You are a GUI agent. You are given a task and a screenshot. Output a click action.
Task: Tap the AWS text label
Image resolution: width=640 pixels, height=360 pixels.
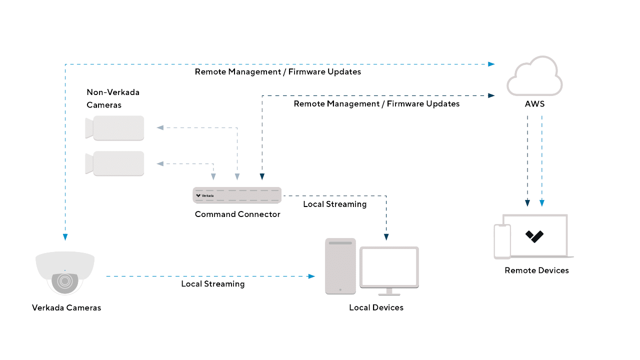click(x=534, y=104)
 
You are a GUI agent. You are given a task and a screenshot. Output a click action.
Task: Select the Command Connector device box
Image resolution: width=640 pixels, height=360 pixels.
click(x=237, y=195)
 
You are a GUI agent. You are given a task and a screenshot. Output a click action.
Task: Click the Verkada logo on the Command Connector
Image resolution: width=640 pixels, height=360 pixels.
click(x=204, y=195)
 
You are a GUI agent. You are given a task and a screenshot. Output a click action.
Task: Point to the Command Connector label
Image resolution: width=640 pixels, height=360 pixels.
click(x=237, y=214)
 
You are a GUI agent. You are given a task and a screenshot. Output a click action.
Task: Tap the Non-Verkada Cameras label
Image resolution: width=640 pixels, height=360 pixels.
click(x=113, y=98)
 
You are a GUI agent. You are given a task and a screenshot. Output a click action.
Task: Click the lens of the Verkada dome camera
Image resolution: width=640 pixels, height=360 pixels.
click(x=64, y=281)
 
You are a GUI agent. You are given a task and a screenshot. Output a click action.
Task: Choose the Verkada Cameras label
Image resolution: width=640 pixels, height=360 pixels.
click(x=66, y=307)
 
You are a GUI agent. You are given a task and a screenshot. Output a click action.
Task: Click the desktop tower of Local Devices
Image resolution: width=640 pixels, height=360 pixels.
click(x=340, y=265)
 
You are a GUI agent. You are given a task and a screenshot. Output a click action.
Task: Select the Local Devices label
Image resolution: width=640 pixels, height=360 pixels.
click(x=376, y=307)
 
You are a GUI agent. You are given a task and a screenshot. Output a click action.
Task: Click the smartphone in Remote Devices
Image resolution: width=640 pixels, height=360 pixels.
click(x=502, y=241)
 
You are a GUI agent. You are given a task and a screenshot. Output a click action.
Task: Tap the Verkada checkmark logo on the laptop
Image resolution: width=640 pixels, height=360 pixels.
click(x=534, y=236)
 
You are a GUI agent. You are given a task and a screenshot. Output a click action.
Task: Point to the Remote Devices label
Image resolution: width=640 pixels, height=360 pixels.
click(x=536, y=270)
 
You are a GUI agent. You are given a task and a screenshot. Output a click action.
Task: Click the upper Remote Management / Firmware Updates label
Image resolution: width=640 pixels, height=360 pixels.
click(x=278, y=71)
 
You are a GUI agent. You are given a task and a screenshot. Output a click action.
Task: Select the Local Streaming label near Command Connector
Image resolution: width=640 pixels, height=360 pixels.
click(x=334, y=204)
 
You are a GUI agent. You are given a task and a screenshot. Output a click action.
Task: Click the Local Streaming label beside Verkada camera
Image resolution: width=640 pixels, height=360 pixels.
click(x=213, y=283)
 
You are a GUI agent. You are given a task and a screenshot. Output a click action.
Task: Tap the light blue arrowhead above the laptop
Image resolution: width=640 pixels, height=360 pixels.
click(x=542, y=203)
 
